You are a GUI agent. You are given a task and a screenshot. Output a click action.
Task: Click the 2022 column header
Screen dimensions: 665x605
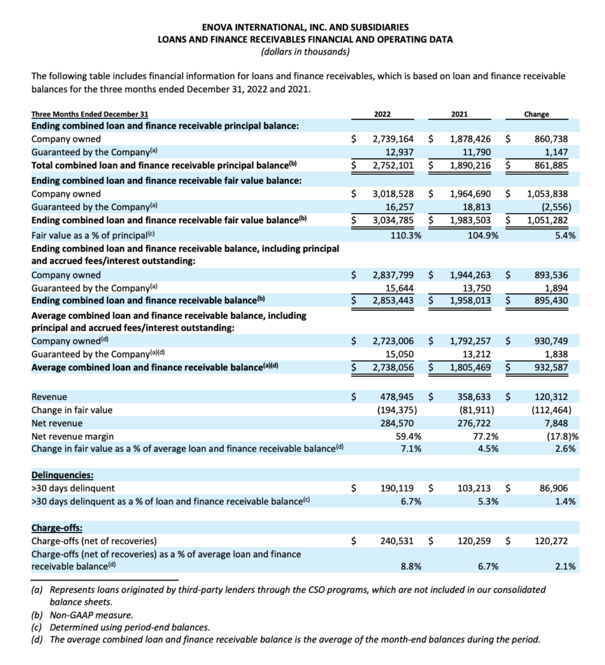coord(383,114)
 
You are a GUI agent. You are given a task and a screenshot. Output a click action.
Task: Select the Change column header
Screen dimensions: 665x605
coord(536,114)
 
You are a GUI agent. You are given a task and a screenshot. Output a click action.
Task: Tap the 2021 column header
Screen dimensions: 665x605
coord(459,114)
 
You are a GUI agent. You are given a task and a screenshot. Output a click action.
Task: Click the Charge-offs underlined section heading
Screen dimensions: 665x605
coord(57,527)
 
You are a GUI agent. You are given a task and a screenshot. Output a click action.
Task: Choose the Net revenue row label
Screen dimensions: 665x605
coord(56,423)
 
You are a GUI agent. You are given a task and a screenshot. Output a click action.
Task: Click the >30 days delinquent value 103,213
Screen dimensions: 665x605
coord(474,488)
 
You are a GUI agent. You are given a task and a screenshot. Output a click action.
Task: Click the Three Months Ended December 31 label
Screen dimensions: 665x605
coord(90,114)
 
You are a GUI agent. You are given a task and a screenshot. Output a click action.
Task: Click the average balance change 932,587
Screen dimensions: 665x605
coord(552,367)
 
